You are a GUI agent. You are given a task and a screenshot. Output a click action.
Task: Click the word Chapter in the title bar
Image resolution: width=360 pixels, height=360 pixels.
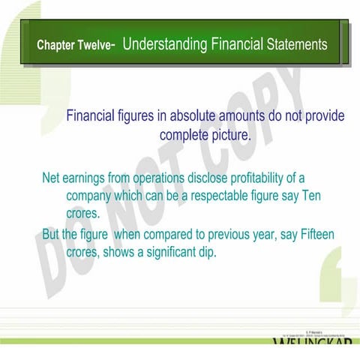tap(55, 45)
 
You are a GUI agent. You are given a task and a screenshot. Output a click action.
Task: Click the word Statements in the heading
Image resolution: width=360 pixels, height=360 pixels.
tap(297, 44)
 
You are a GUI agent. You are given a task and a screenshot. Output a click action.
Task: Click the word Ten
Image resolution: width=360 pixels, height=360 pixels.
tap(311, 196)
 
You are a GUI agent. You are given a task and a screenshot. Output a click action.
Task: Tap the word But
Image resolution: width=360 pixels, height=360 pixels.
tap(50, 235)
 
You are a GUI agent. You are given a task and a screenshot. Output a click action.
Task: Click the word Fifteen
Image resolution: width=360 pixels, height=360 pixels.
tap(317, 235)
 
